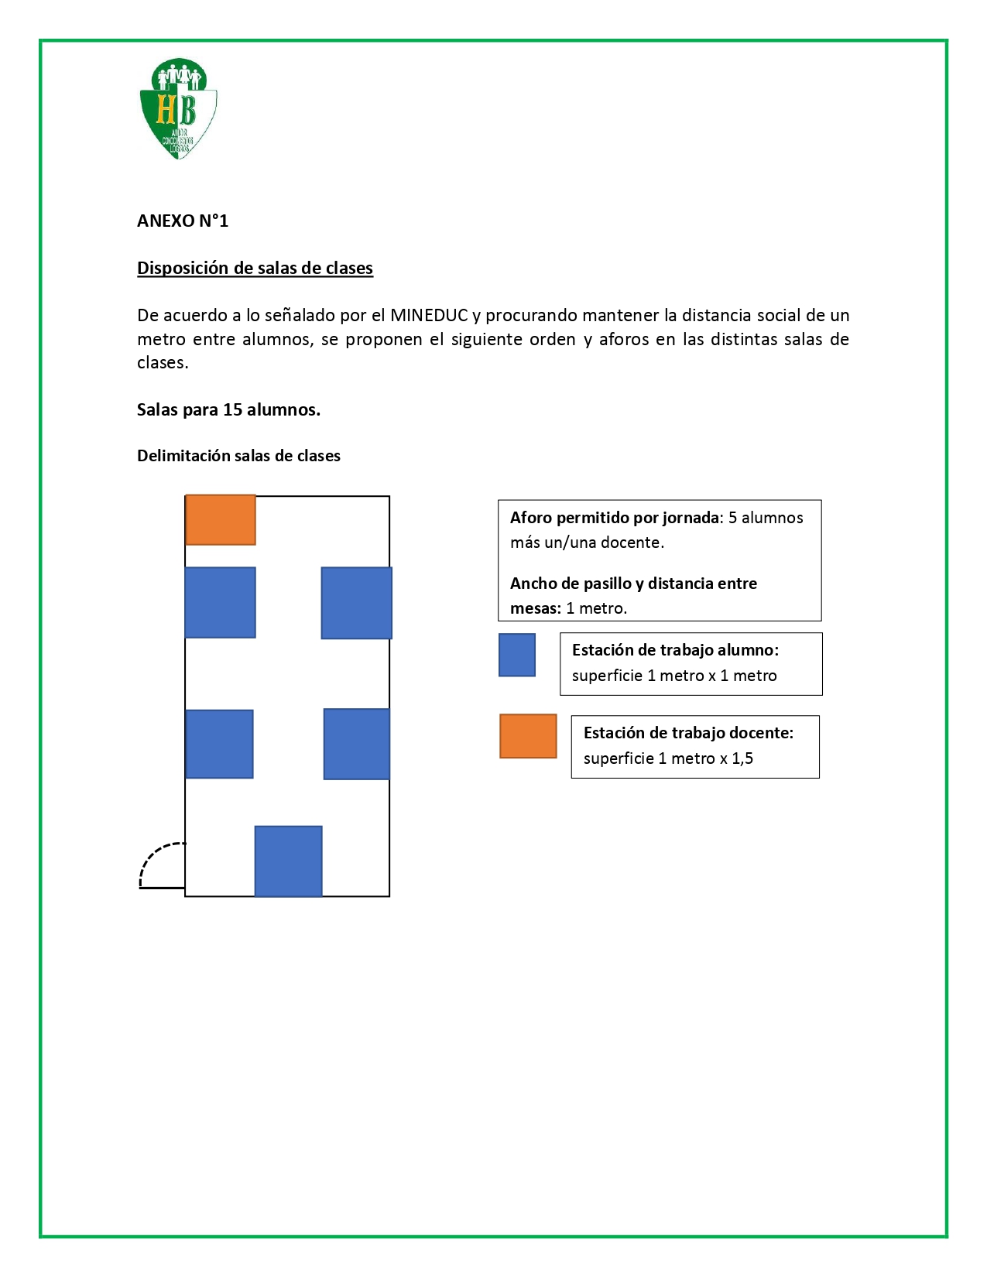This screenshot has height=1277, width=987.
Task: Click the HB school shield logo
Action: coord(178,108)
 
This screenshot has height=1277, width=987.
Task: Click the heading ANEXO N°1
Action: coord(183,221)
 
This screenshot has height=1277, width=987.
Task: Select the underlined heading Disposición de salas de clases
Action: coord(255,269)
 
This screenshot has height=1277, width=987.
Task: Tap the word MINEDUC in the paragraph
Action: coord(429,316)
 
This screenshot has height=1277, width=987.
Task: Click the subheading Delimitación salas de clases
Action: coord(238,456)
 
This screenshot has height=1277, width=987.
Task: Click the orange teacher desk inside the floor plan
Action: coord(221,520)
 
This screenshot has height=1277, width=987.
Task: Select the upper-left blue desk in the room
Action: coord(221,603)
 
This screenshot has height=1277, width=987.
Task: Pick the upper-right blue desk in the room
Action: coord(356,603)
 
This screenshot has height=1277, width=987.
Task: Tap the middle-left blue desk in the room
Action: coord(220,744)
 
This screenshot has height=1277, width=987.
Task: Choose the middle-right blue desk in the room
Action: coord(356,744)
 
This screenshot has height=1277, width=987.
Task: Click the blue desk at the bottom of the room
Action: coord(289,861)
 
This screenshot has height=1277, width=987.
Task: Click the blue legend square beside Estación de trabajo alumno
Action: coord(517,656)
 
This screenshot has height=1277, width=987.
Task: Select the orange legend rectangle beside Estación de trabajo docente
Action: coord(528,736)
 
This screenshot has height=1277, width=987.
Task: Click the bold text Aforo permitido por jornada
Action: coord(615,518)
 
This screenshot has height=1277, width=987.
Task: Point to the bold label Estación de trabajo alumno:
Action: coord(675,650)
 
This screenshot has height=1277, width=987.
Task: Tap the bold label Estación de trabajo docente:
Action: coord(688,733)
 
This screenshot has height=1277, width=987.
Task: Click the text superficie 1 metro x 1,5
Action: coord(668,758)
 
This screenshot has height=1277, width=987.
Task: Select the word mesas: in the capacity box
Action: coord(535,608)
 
